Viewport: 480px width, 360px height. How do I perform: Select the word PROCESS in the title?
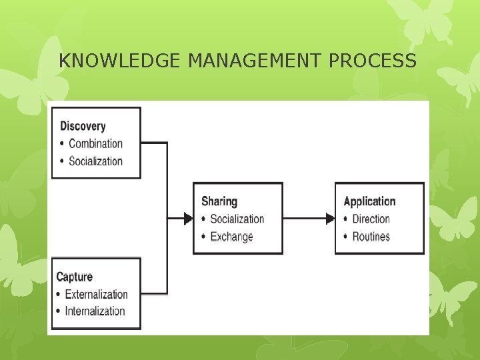[373, 61]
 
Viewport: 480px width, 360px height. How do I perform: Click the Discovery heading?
[83, 126]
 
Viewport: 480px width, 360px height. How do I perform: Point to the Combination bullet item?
[96, 143]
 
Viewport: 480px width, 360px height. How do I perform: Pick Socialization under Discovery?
[96, 161]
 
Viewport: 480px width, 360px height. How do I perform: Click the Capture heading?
[75, 277]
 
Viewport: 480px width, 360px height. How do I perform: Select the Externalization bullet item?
[96, 294]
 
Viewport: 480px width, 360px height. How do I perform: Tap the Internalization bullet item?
[95, 311]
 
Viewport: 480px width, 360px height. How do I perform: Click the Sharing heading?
[219, 201]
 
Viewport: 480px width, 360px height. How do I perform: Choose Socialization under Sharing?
[237, 219]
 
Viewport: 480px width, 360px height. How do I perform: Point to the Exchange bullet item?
[231, 237]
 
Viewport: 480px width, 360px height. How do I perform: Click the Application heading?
[369, 201]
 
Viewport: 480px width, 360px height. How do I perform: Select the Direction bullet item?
[371, 219]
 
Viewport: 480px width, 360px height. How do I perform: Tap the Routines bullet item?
[371, 237]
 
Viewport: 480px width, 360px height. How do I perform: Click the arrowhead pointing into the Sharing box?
[187, 218]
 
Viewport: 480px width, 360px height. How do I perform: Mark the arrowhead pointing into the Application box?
[329, 218]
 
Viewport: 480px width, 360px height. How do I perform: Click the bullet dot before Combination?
[63, 144]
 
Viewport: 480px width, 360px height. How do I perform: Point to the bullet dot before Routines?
[346, 237]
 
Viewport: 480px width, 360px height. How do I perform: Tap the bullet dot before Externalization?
[59, 295]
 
